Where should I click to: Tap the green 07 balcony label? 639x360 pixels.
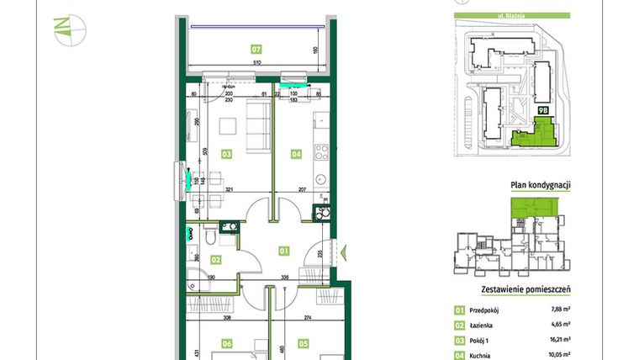click(256, 49)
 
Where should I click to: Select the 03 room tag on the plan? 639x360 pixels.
click(226, 155)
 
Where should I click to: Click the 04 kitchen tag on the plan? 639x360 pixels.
click(295, 154)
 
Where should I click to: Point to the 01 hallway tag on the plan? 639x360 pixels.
click(283, 249)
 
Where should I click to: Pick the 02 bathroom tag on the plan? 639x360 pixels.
click(215, 260)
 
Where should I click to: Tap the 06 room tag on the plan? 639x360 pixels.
click(226, 343)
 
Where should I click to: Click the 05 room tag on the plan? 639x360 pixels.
click(304, 343)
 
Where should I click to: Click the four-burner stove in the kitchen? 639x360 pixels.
click(319, 153)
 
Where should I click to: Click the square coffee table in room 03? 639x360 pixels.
click(227, 127)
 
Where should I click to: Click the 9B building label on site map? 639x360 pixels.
click(543, 109)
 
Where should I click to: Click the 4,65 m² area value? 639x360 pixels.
click(561, 324)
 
